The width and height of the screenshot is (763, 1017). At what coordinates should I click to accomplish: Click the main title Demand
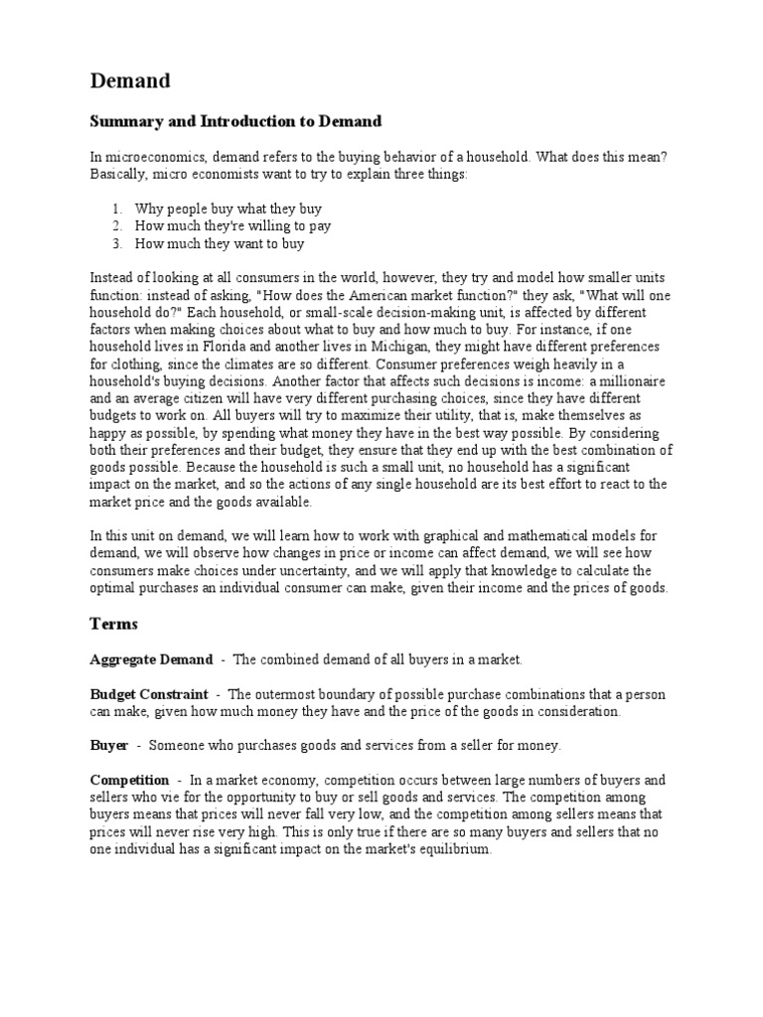tap(130, 80)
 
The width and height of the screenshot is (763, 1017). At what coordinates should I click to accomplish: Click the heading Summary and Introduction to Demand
tap(235, 122)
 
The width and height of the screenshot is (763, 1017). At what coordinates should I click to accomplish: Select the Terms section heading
tap(113, 624)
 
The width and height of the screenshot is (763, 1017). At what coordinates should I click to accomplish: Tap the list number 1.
tap(116, 210)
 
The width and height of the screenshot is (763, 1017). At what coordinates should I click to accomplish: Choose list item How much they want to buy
tap(220, 243)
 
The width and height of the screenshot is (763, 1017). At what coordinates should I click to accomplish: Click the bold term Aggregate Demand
tap(151, 659)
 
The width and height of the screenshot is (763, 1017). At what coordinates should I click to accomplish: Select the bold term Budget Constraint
tap(149, 694)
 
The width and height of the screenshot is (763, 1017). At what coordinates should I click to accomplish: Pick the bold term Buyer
tap(108, 745)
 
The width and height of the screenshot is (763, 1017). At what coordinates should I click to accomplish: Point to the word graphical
tap(427, 535)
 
